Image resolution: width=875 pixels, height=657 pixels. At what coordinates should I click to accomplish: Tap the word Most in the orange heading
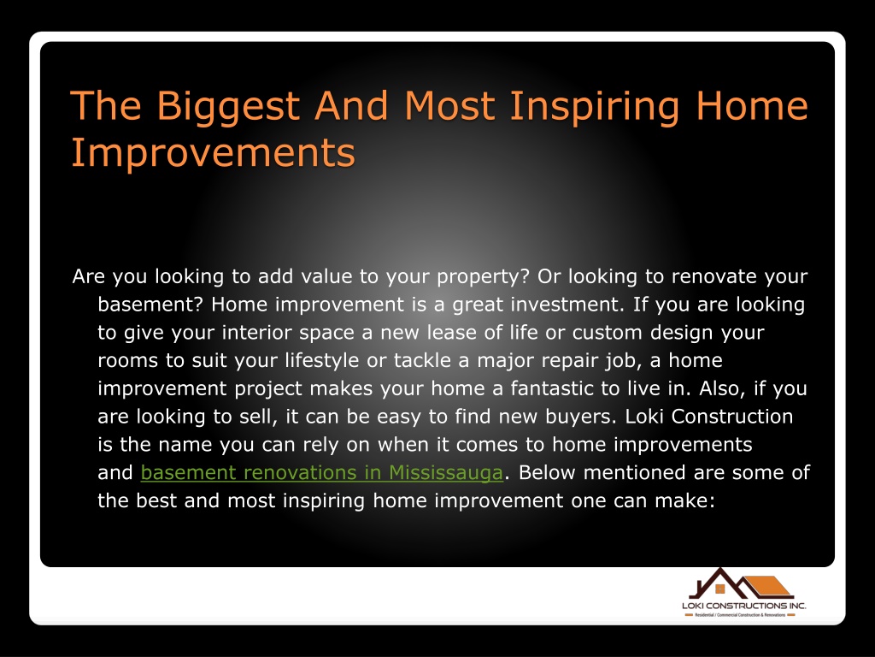point(449,105)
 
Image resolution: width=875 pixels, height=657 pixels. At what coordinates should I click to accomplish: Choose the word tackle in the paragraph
point(422,360)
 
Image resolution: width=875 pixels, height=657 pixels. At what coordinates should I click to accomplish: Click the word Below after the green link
point(547,472)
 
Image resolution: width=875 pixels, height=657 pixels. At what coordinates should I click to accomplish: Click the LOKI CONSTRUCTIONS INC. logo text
point(744,606)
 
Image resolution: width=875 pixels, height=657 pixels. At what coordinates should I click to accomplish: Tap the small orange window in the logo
point(719,589)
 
